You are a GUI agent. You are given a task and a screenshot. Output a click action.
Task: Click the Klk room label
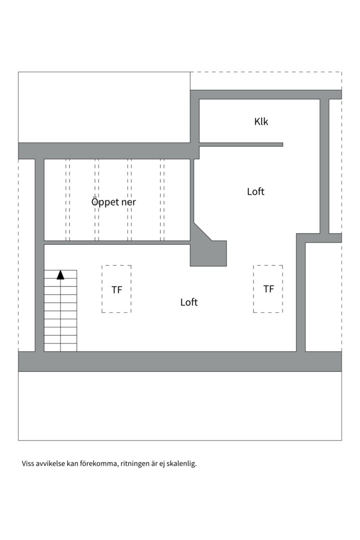click(261, 121)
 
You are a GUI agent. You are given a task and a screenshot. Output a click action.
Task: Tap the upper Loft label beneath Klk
click(255, 191)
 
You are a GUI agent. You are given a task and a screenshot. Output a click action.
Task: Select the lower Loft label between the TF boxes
click(189, 302)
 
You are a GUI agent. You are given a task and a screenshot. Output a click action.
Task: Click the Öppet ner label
click(113, 202)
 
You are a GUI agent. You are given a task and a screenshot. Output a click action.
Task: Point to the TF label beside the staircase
click(116, 289)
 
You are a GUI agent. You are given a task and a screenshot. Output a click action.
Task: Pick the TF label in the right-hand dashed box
click(268, 289)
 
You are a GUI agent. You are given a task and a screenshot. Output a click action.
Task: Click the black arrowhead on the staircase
click(60, 274)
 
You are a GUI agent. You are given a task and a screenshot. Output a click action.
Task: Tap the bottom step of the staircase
click(60, 347)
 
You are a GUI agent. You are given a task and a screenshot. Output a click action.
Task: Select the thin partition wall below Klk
click(241, 144)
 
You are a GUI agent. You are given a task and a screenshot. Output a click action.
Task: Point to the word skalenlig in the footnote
click(182, 463)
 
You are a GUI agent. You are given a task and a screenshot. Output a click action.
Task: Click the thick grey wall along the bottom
click(180, 361)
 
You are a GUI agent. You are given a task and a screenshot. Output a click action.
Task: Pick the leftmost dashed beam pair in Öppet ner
click(67, 200)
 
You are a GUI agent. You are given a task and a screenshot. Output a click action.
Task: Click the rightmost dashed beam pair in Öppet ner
click(162, 200)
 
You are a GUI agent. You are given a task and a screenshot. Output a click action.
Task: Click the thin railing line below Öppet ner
click(117, 242)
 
